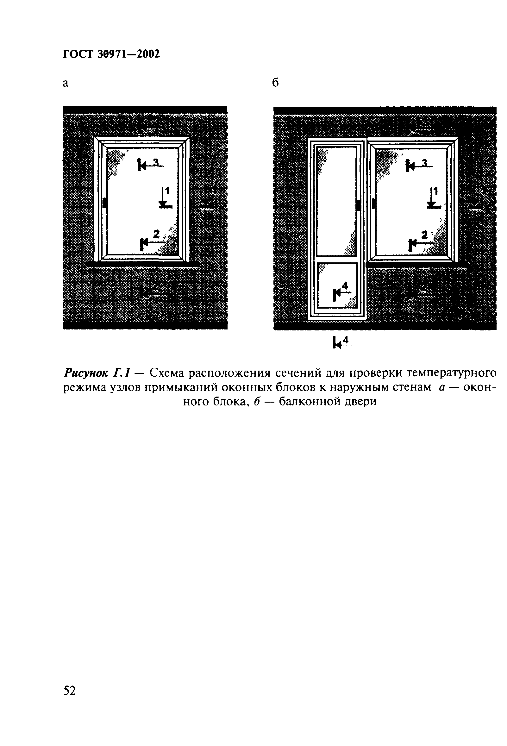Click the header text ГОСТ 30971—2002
tap(111, 54)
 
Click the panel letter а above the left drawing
tap(66, 84)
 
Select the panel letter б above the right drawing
tap(275, 83)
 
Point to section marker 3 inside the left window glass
tap(150, 165)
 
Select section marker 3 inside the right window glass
tap(418, 165)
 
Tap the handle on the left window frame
tap(105, 203)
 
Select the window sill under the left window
tap(142, 265)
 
